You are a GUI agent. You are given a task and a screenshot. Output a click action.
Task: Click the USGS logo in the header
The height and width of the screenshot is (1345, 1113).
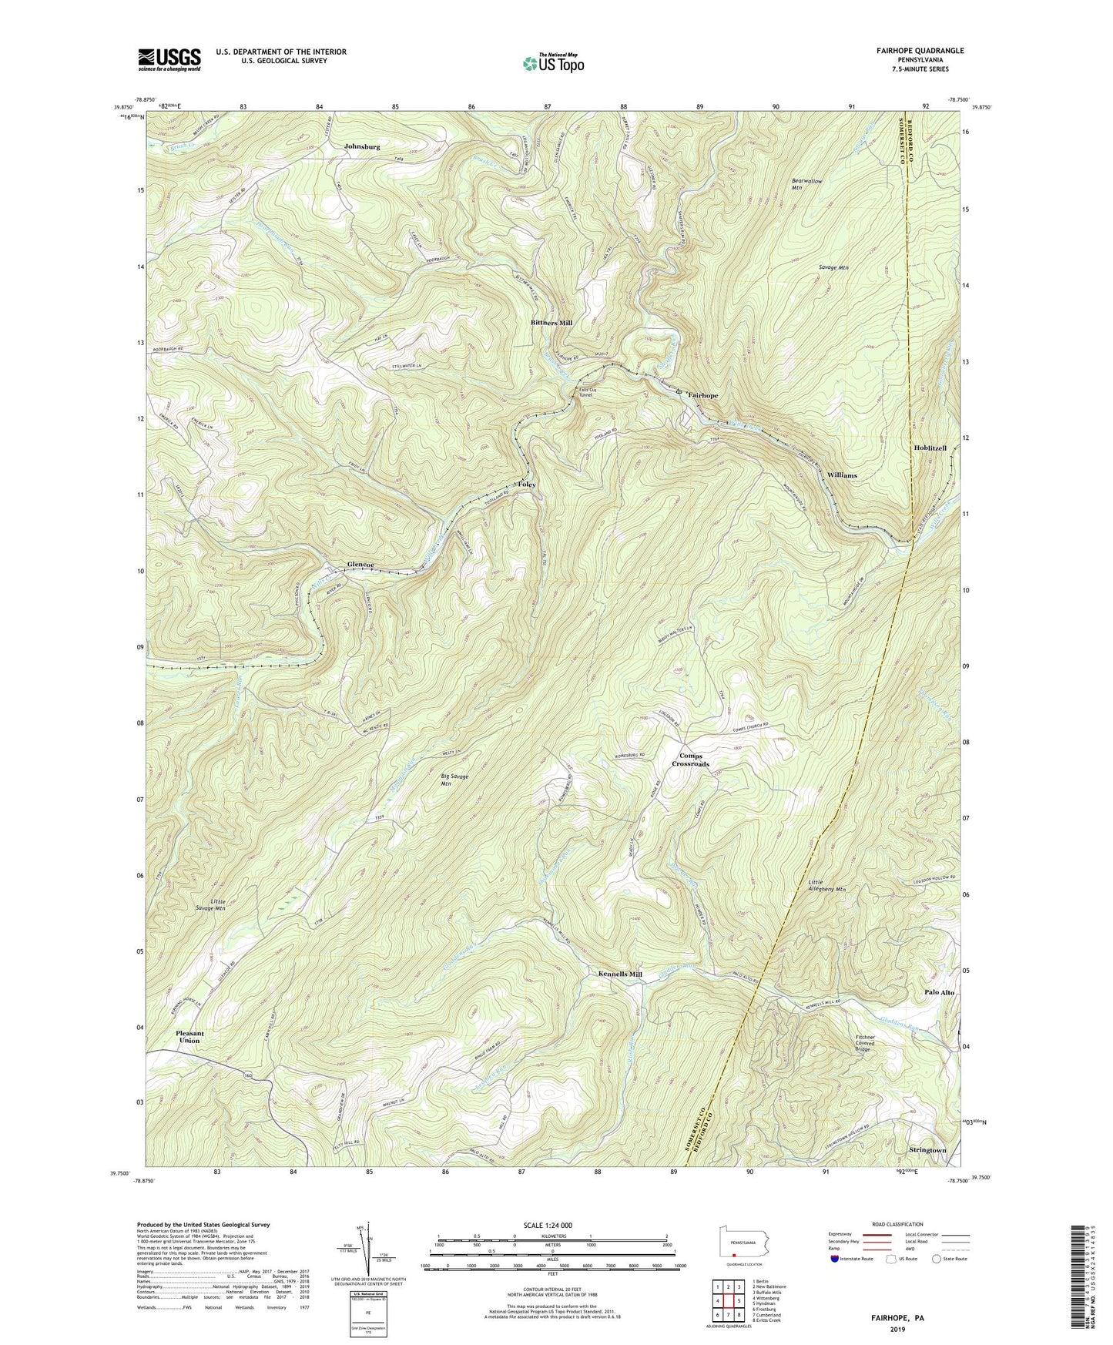pyautogui.click(x=169, y=59)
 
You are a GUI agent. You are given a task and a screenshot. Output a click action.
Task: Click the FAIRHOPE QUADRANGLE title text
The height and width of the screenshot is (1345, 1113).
pyautogui.click(x=914, y=51)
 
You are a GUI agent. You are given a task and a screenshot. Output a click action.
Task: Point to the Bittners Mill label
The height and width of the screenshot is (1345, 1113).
pyautogui.click(x=551, y=323)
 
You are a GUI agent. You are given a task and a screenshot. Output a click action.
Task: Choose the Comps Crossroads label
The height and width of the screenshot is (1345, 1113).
pyautogui.click(x=690, y=760)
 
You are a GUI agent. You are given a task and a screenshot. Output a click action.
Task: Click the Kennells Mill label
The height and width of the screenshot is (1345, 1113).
pyautogui.click(x=620, y=974)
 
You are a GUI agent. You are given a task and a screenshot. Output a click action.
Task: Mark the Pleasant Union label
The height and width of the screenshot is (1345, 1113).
pyautogui.click(x=189, y=1037)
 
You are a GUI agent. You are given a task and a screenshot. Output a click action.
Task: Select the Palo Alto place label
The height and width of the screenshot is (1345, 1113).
pyautogui.click(x=939, y=992)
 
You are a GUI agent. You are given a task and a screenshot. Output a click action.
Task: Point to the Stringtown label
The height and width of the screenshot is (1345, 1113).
pyautogui.click(x=927, y=1150)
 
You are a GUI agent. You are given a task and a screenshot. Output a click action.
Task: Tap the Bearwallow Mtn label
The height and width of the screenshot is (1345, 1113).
pyautogui.click(x=807, y=184)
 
